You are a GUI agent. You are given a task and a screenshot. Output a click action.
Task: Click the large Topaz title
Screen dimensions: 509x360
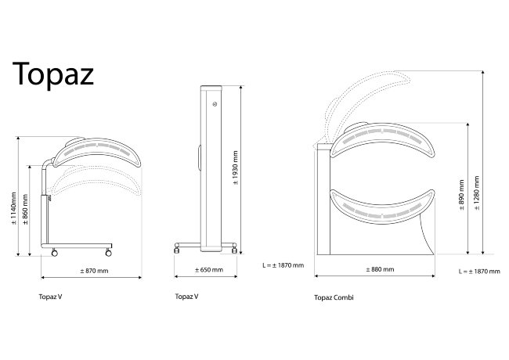(x=53, y=74)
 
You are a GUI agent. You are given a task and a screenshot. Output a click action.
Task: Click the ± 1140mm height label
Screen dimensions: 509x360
(x=14, y=208)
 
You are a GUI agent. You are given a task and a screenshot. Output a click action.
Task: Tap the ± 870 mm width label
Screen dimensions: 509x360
(x=94, y=271)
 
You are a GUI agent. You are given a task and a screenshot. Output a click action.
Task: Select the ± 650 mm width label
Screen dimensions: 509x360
(x=209, y=270)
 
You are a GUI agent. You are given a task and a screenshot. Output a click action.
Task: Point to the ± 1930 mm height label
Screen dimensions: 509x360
(x=236, y=167)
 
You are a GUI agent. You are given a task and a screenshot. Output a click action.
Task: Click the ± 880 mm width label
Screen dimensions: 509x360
(x=380, y=269)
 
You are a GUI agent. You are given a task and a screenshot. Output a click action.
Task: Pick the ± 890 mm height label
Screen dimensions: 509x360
(x=461, y=195)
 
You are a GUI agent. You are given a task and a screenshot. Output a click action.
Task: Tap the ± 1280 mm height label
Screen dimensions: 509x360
(x=477, y=193)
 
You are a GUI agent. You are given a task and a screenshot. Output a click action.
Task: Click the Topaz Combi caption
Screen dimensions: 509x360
(x=334, y=297)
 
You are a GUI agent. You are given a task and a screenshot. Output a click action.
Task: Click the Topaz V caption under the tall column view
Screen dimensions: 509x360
(x=186, y=297)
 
